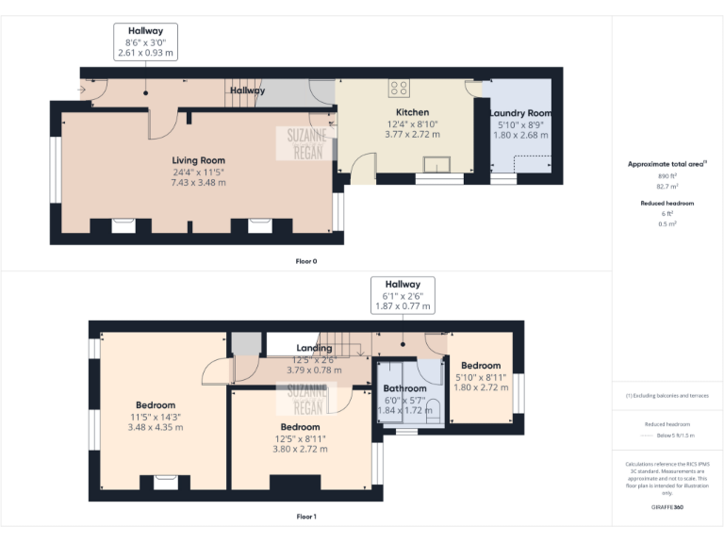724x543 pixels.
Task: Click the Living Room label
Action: coord(198,160)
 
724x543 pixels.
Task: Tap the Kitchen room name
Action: coord(412,112)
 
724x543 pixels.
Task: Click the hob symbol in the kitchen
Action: coord(399,89)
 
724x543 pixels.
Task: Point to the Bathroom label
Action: coord(404,388)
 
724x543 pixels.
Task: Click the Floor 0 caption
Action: coord(306,260)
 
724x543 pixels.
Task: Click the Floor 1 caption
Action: coord(306,517)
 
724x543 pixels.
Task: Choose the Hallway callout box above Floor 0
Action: coord(145,42)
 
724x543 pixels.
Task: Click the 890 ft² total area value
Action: coord(667,176)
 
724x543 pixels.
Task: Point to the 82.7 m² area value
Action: coord(667,188)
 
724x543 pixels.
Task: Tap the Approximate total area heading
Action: coord(666,164)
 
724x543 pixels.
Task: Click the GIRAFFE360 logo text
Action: coord(667,507)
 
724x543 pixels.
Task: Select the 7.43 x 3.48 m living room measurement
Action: coord(198,183)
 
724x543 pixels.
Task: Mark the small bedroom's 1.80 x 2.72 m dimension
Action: coord(481,387)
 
